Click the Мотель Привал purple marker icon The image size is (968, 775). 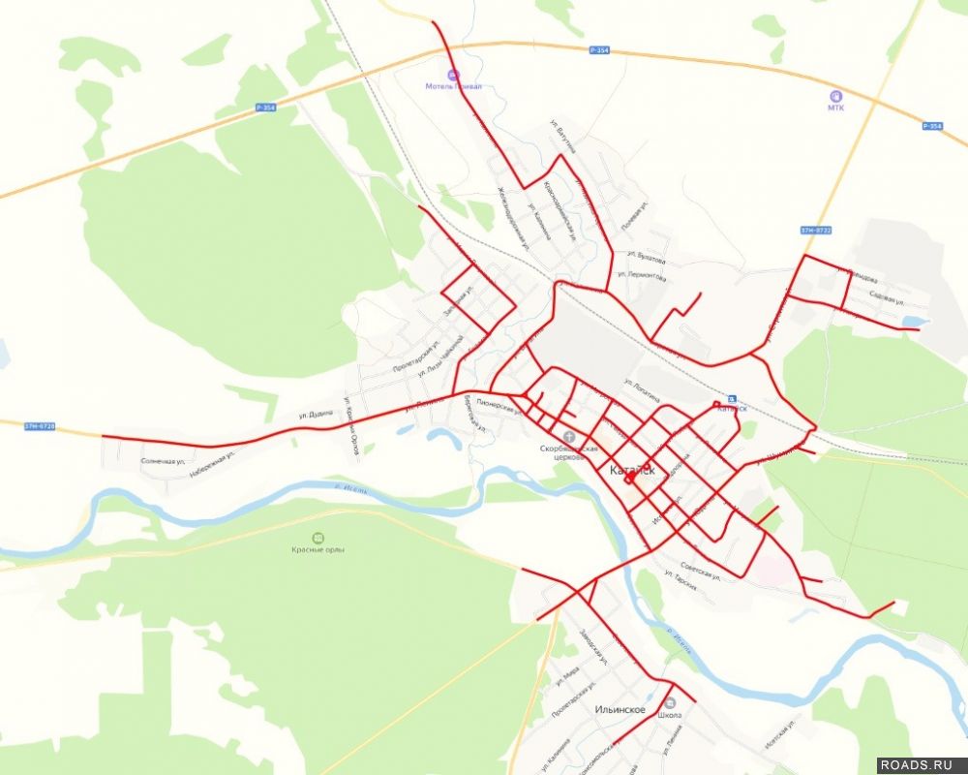451,74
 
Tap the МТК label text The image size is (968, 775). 835,108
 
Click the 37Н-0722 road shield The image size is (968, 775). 816,230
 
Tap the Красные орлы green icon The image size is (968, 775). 318,538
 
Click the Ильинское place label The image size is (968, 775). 620,710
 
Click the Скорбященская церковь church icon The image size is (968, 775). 568,437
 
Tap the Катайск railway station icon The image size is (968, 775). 732,397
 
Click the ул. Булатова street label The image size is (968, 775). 646,259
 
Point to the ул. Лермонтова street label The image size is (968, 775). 646,277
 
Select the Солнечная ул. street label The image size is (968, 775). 163,461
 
